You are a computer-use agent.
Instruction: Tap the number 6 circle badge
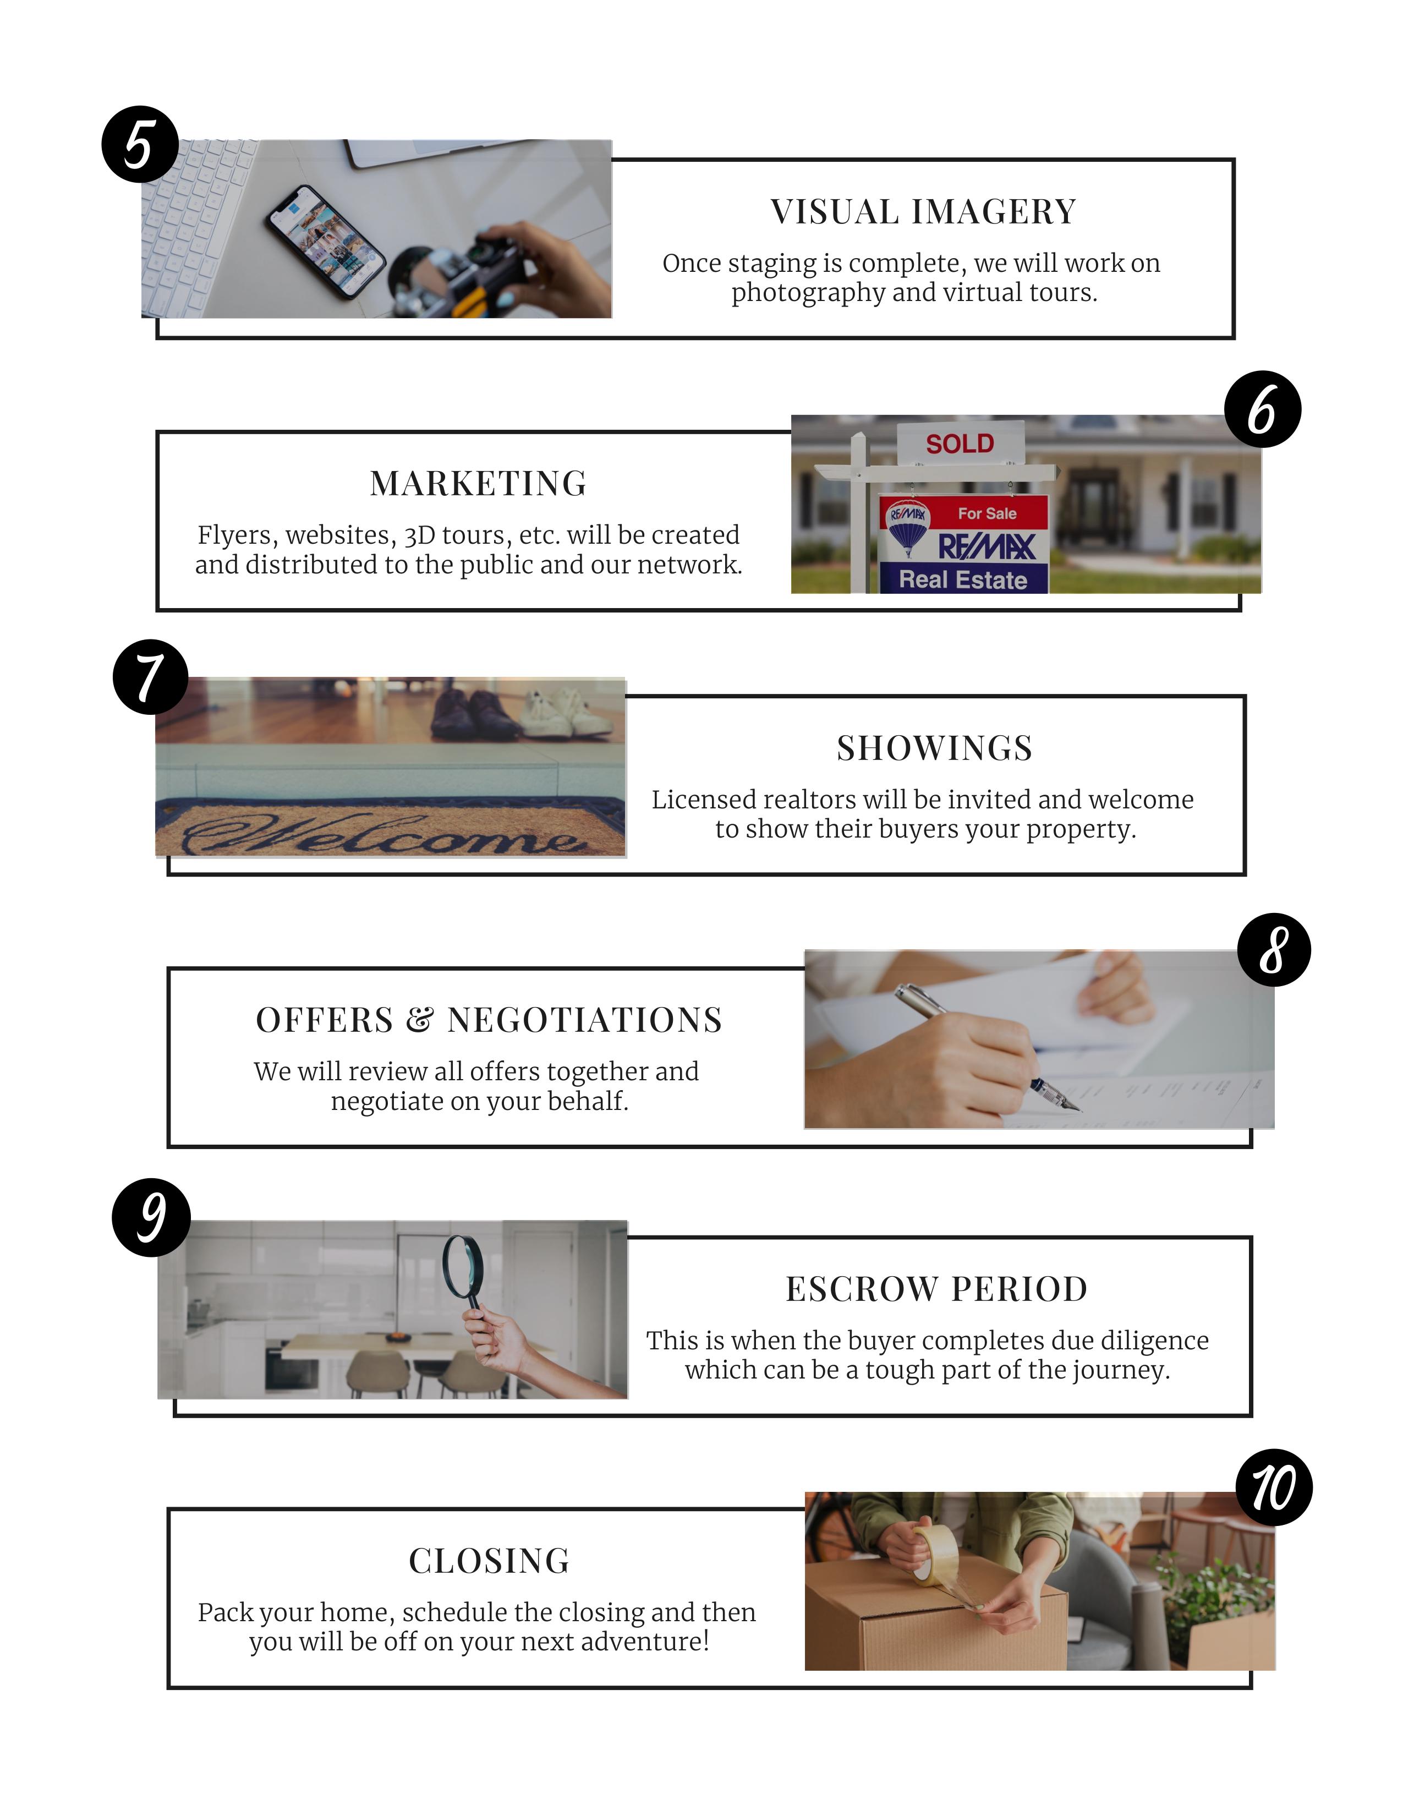pyautogui.click(x=1263, y=409)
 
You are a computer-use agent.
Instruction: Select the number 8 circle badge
pyautogui.click(x=1274, y=950)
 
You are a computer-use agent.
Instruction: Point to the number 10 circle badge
pyautogui.click(x=1274, y=1487)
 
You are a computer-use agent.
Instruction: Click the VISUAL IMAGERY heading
pyautogui.click(x=923, y=212)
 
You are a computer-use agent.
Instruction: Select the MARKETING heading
pyautogui.click(x=479, y=484)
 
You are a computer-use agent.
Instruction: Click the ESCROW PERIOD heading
pyautogui.click(x=937, y=1289)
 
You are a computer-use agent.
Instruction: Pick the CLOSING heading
pyautogui.click(x=490, y=1561)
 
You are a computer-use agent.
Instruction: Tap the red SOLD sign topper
pyautogui.click(x=960, y=442)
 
